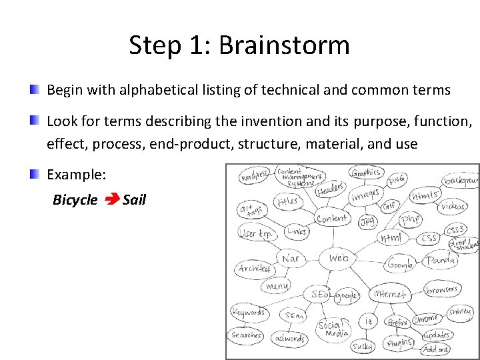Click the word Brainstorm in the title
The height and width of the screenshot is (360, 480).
pos(283,46)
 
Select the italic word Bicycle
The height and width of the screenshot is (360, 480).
pos(75,200)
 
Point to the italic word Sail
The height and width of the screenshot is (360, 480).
pos(134,199)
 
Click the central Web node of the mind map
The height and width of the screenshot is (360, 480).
pos(339,258)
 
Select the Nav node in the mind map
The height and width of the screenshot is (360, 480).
pos(291,259)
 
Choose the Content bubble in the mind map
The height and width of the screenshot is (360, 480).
pos(331,218)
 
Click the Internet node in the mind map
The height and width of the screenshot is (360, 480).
pos(390,294)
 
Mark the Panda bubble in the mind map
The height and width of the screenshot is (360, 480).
pos(441,260)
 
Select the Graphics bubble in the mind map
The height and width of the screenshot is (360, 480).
pos(366,173)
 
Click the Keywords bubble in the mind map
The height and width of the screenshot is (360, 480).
pos(249,311)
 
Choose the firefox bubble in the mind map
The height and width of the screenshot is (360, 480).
pos(398,322)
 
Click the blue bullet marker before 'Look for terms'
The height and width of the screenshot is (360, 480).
pos(33,121)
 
